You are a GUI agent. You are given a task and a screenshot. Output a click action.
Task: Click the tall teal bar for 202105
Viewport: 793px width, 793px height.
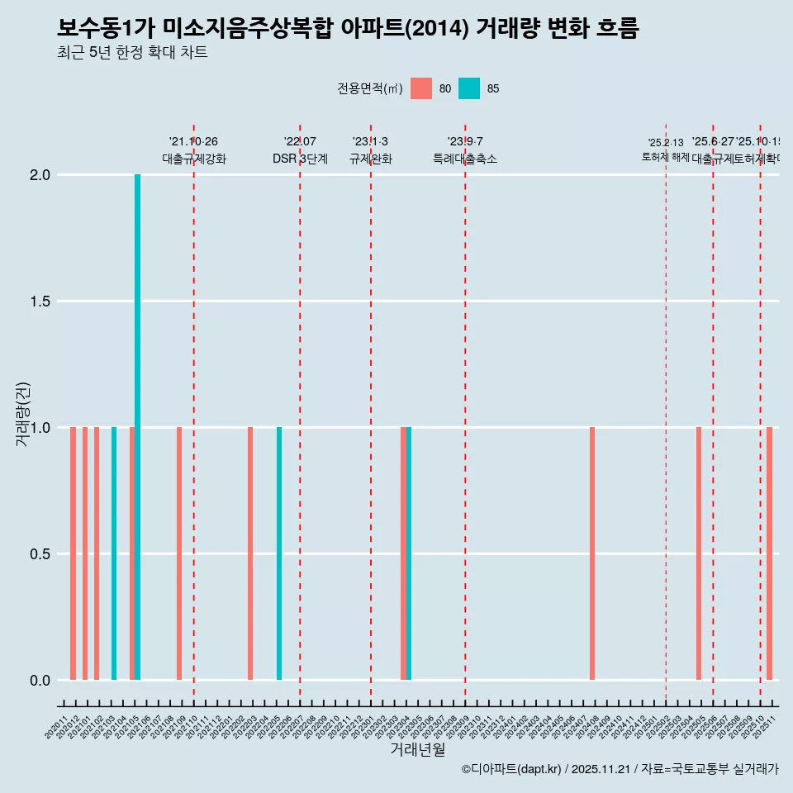tap(138, 427)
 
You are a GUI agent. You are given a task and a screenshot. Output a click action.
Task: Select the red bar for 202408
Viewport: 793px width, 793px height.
tap(592, 553)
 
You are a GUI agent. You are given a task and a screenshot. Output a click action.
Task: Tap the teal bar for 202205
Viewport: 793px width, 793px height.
tap(279, 553)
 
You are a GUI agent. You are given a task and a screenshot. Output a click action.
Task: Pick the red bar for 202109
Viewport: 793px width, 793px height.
tap(179, 553)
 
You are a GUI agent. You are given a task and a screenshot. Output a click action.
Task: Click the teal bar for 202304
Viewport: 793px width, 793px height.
tap(409, 553)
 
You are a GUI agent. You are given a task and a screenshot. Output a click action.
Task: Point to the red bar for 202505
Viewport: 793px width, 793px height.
tap(699, 553)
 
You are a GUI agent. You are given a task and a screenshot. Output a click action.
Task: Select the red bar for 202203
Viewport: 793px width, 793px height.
tap(250, 553)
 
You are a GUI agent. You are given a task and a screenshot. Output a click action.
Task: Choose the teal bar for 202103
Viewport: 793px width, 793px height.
tap(114, 553)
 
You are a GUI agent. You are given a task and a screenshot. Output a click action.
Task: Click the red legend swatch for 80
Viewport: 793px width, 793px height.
tap(421, 88)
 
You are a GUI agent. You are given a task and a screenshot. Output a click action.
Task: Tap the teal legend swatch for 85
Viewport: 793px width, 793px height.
tap(469, 88)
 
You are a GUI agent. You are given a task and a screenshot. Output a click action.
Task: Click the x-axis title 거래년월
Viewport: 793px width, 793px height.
tap(417, 749)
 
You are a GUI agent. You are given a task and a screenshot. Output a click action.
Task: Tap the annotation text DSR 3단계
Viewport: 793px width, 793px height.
tap(300, 159)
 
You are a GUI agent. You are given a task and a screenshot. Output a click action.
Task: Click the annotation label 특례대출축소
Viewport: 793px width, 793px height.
tap(465, 159)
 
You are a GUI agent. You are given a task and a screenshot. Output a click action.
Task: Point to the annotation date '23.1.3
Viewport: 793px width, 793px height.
tap(370, 142)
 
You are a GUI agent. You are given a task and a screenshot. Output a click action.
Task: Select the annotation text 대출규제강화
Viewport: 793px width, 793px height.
tap(193, 159)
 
